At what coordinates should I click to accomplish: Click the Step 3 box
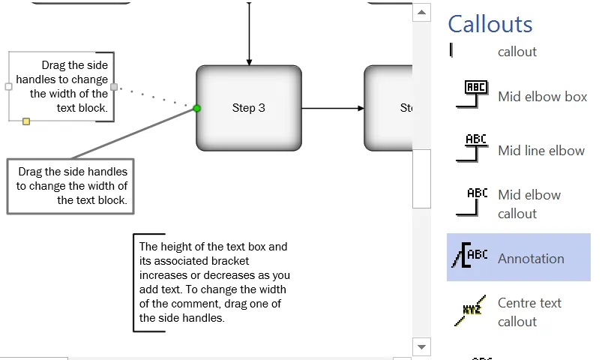tap(249, 107)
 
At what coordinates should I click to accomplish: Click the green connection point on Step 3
tap(197, 109)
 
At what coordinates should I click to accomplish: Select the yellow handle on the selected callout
tap(26, 121)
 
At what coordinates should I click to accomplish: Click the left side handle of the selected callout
tap(9, 86)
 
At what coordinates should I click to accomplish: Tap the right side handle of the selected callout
tap(114, 86)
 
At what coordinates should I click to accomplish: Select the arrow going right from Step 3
tap(333, 108)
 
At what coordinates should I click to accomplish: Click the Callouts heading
tap(490, 24)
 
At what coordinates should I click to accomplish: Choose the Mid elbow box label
tap(542, 97)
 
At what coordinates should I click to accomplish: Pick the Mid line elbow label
tap(541, 151)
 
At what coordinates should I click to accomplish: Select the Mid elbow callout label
tap(529, 204)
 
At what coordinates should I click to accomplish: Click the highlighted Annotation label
tap(531, 259)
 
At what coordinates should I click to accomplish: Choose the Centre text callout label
tap(529, 312)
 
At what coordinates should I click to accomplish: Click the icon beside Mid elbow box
tap(472, 94)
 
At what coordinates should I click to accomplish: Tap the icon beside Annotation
tap(469, 257)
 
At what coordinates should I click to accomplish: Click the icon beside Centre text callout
tap(469, 311)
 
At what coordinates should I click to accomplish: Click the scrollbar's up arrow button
tap(422, 12)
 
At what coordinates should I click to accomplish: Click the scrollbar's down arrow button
tap(422, 346)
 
